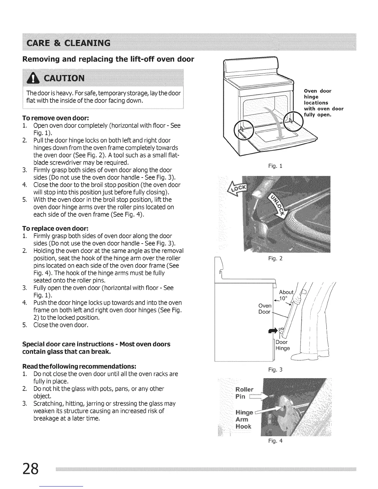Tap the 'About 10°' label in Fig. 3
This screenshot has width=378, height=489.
coord(286,295)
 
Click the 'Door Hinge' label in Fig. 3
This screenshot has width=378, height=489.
coord(282,345)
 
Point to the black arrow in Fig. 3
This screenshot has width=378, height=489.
coord(272,331)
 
